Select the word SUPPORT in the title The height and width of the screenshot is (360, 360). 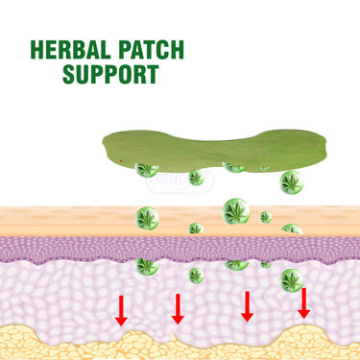108,74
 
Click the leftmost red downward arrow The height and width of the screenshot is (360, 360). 121,309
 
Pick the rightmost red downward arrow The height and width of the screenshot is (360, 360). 304,302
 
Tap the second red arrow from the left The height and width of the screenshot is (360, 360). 178,308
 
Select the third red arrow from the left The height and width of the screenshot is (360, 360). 247,305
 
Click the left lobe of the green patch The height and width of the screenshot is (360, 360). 144,144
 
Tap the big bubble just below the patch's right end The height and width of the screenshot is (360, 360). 291,181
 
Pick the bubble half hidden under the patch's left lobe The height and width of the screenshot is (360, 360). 147,170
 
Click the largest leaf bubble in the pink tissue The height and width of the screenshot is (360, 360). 292,280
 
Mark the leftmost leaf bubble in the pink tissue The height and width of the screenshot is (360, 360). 146,265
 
